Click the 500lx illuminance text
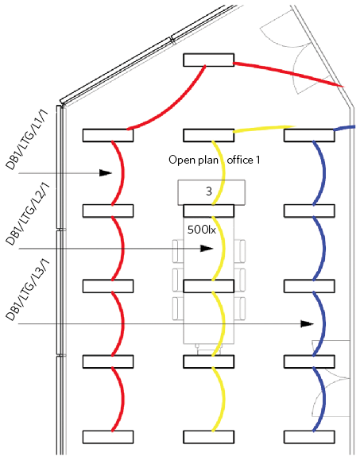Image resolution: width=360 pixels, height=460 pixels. pyautogui.click(x=202, y=230)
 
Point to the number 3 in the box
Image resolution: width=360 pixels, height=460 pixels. pyautogui.click(x=208, y=191)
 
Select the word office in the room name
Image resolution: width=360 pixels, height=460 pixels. pyautogui.click(x=240, y=160)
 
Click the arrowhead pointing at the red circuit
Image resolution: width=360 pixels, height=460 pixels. pyautogui.click(x=106, y=173)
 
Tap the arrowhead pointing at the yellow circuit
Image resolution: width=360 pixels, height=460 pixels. pyautogui.click(x=207, y=249)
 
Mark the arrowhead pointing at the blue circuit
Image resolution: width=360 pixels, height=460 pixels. pyautogui.click(x=308, y=324)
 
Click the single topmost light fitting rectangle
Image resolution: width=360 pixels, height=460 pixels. pyautogui.click(x=208, y=60)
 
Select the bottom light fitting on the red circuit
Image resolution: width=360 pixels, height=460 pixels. pyautogui.click(x=108, y=437)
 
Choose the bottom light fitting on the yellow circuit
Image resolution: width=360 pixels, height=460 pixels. pyautogui.click(x=208, y=437)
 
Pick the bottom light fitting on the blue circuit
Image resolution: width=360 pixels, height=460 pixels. pyautogui.click(x=309, y=437)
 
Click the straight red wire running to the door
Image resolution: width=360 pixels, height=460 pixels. pyautogui.click(x=288, y=75)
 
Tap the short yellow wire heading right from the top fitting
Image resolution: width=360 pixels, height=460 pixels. pyautogui.click(x=264, y=129)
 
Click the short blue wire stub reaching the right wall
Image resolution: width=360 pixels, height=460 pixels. pyautogui.click(x=345, y=128)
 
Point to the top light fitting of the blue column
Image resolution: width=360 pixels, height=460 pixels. pyautogui.click(x=309, y=135)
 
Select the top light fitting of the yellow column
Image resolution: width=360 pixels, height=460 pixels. pyautogui.click(x=208, y=135)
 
